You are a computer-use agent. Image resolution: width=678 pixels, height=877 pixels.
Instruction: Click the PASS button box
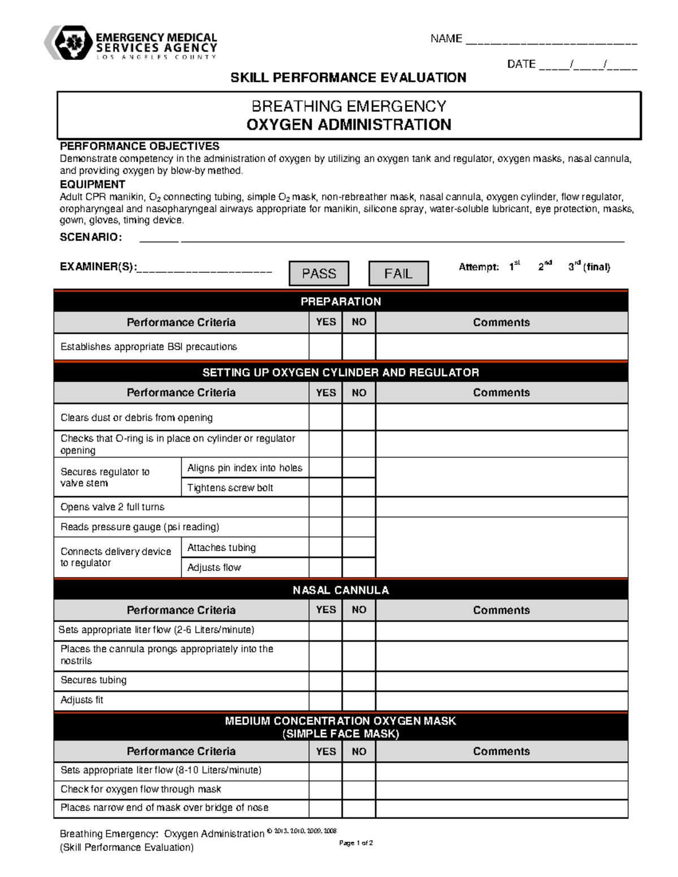pyautogui.click(x=319, y=273)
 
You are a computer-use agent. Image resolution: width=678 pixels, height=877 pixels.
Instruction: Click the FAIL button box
pyautogui.click(x=398, y=273)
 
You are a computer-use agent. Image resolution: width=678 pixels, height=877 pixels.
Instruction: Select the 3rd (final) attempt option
pyautogui.click(x=589, y=267)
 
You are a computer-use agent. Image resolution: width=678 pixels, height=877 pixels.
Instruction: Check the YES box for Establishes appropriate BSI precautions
pyautogui.click(x=325, y=347)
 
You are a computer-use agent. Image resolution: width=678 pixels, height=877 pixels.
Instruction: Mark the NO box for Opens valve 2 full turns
pyautogui.click(x=359, y=507)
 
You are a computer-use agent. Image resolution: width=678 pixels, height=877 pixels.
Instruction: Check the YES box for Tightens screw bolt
pyautogui.click(x=325, y=488)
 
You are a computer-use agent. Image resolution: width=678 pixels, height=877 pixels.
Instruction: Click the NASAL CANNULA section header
pyautogui.click(x=341, y=590)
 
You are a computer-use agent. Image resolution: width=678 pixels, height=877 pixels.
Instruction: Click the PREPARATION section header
pyautogui.click(x=341, y=302)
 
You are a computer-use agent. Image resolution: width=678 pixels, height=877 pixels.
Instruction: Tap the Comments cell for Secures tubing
pyautogui.click(x=501, y=680)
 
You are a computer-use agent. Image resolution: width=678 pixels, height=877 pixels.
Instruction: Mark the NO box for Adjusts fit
pyautogui.click(x=359, y=700)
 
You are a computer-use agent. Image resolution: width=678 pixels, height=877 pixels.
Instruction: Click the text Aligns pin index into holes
pyautogui.click(x=245, y=468)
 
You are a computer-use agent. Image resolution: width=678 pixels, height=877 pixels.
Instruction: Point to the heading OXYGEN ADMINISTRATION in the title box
pyautogui.click(x=349, y=125)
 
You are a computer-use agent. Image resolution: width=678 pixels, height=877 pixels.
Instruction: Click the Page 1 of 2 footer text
pyautogui.click(x=356, y=843)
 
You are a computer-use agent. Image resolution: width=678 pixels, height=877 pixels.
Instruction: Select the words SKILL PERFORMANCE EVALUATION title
pyautogui.click(x=349, y=77)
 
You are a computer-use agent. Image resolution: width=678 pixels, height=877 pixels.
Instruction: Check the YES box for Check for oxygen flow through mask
pyautogui.click(x=325, y=789)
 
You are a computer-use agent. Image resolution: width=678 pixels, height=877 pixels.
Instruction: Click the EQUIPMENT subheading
pyautogui.click(x=93, y=185)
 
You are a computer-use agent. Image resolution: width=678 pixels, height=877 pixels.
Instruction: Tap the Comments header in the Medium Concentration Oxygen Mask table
pyautogui.click(x=501, y=752)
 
